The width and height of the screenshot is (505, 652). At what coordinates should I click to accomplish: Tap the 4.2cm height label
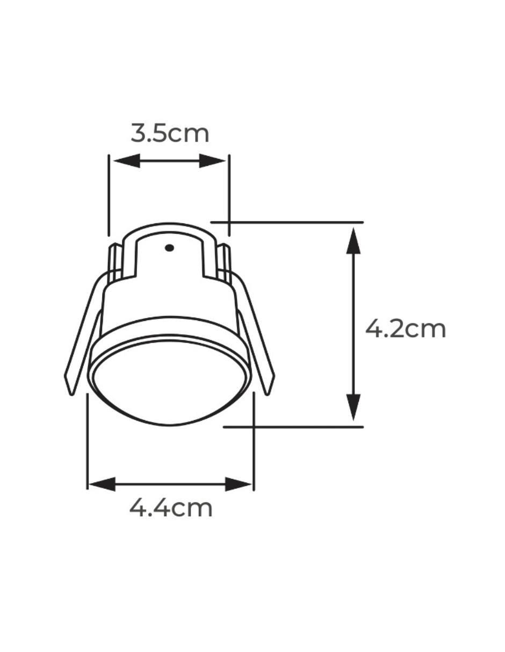(405, 329)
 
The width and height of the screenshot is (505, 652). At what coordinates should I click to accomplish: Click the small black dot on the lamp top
(169, 248)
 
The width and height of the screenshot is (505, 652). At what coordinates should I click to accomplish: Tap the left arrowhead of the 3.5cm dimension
(127, 161)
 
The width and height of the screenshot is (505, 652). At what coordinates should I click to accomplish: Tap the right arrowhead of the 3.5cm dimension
(212, 161)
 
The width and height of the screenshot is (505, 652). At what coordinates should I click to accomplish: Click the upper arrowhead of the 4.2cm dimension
(353, 241)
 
